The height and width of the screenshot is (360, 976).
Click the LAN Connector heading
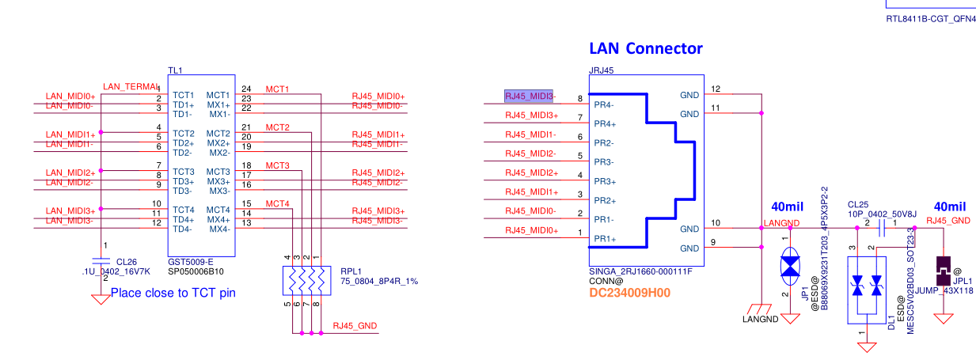point(645,48)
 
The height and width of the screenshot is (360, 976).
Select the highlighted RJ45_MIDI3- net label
point(530,97)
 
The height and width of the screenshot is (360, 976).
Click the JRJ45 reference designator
point(602,70)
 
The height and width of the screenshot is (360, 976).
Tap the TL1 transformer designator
point(176,71)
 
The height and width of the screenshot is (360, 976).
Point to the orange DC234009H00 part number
point(630,293)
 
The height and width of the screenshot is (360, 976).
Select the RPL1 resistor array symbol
point(304,279)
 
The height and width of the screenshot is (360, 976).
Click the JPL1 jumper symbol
point(943,270)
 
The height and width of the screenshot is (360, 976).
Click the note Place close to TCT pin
point(173,293)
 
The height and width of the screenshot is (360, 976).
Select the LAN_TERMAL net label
point(131,86)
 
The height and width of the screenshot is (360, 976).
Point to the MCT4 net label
point(277,204)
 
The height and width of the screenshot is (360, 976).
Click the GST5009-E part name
point(191,260)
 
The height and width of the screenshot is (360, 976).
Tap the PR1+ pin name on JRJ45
point(606,239)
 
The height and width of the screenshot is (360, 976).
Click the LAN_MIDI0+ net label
point(70,96)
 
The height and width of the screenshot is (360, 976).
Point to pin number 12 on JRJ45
point(716,89)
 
